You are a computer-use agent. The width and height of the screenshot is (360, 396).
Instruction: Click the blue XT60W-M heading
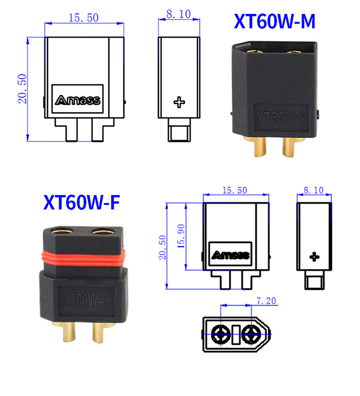tap(275, 21)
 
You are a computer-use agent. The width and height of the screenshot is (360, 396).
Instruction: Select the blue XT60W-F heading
tap(82, 202)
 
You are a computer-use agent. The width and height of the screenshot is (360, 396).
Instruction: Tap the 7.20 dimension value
tap(266, 301)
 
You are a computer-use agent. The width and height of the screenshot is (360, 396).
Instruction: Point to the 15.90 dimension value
tap(181, 235)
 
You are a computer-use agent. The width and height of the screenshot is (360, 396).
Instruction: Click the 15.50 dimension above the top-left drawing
tap(84, 18)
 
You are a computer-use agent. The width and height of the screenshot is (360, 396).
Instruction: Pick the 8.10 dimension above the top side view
tap(179, 14)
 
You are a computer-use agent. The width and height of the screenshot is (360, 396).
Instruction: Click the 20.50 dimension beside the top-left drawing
tap(22, 88)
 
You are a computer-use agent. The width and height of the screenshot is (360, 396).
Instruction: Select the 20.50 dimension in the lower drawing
tap(162, 247)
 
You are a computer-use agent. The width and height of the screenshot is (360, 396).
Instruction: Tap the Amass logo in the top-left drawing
tap(77, 100)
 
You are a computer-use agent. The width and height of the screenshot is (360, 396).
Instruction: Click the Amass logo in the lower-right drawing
tap(230, 255)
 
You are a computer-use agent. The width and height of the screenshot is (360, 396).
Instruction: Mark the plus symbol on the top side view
tap(179, 102)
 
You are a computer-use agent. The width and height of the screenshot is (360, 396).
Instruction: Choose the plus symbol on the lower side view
tap(314, 257)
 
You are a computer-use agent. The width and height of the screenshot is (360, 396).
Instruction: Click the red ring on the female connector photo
tap(83, 258)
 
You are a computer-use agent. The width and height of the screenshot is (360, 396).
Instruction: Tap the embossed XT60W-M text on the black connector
tap(280, 117)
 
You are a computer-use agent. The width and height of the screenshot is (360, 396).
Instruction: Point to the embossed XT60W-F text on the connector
tap(86, 300)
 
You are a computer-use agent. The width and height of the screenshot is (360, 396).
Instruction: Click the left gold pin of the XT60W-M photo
tap(259, 147)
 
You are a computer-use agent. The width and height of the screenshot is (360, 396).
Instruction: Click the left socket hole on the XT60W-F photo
tap(62, 231)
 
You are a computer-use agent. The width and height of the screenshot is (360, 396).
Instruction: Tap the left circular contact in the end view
tap(221, 334)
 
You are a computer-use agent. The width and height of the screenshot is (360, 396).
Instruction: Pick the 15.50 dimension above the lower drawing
tap(235, 190)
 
